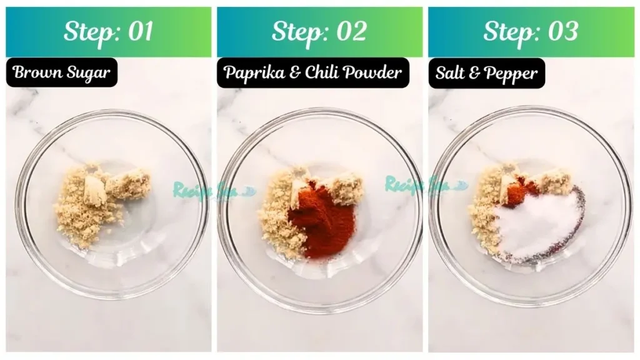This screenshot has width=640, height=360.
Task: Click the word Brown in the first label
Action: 35,72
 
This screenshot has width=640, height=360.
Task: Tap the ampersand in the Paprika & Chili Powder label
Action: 291,73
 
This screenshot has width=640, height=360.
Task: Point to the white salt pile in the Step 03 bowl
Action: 537,225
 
